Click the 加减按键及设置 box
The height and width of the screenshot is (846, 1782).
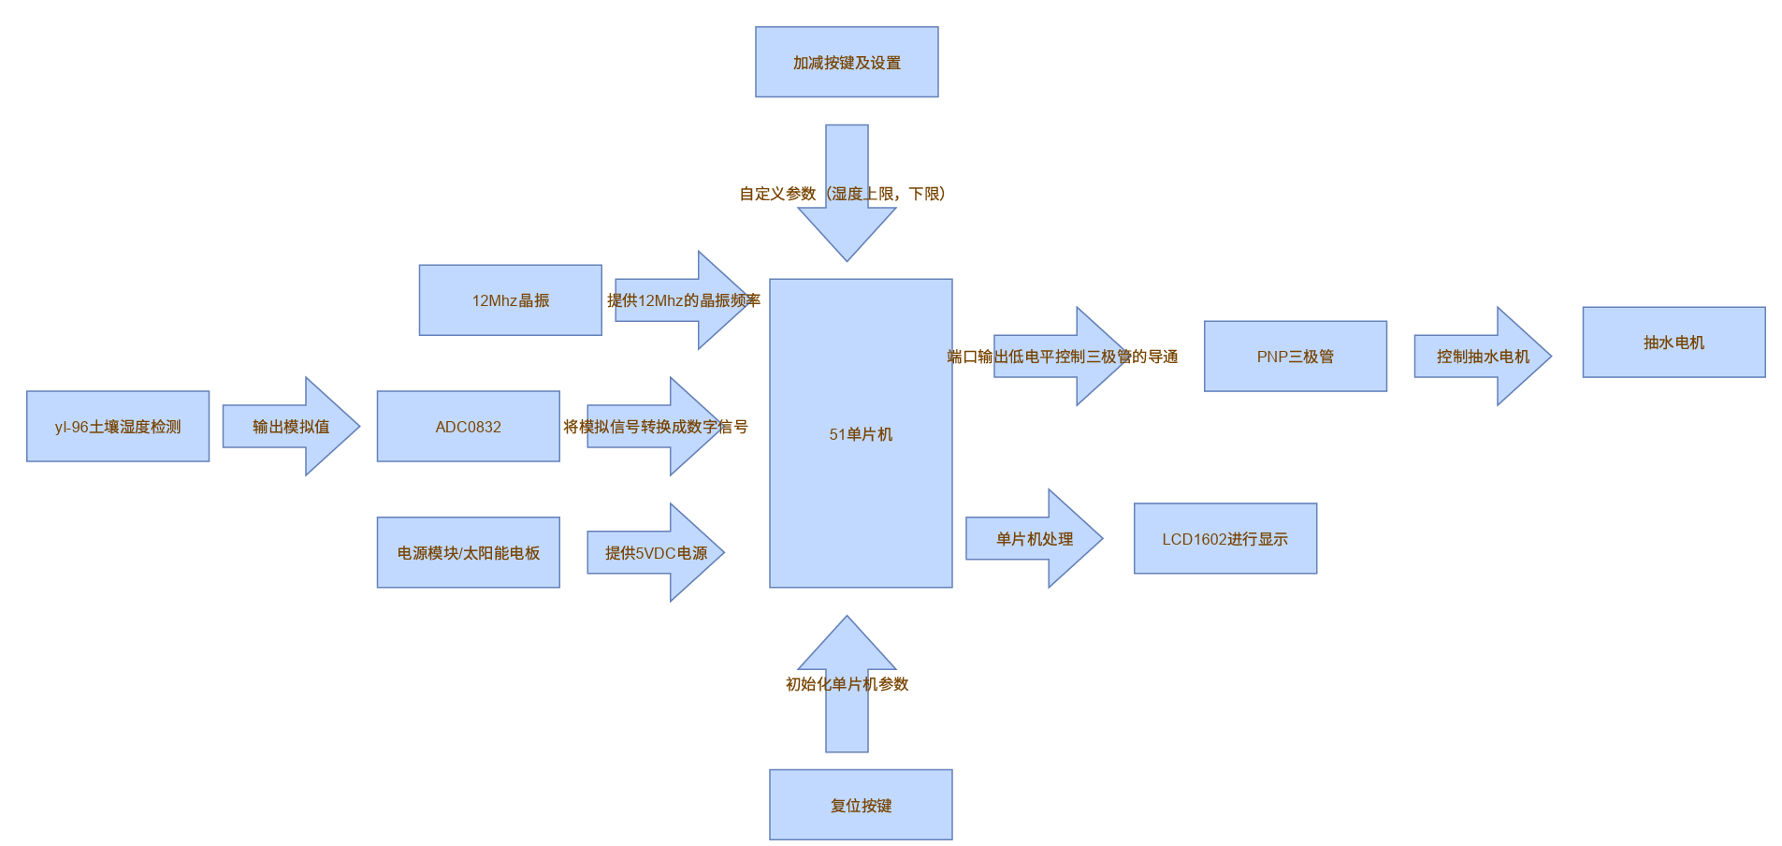click(x=847, y=62)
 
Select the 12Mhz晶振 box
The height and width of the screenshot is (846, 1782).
click(x=510, y=300)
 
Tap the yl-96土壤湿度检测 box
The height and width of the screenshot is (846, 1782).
click(x=118, y=427)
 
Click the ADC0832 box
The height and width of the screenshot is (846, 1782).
click(x=468, y=427)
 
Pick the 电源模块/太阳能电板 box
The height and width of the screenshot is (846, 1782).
click(x=468, y=553)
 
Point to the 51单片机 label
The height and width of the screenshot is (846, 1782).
click(x=861, y=434)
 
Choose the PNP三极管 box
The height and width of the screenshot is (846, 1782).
click(x=1295, y=357)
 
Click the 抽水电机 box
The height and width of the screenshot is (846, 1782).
click(x=1673, y=343)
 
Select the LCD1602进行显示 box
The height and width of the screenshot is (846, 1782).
click(x=1224, y=539)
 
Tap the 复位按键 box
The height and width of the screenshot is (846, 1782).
click(x=861, y=805)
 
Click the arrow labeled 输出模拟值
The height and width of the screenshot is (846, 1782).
click(x=291, y=427)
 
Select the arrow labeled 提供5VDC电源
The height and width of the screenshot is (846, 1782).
click(x=656, y=553)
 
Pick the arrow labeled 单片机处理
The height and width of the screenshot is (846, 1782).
click(x=1034, y=539)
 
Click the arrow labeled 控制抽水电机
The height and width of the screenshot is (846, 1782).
click(x=1483, y=357)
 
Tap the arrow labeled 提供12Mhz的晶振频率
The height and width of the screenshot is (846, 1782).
click(x=684, y=300)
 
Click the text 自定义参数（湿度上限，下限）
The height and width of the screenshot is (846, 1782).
click(x=843, y=194)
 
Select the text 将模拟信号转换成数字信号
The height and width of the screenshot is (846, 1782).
click(x=656, y=427)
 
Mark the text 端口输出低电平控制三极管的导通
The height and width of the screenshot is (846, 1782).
click(x=1063, y=357)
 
